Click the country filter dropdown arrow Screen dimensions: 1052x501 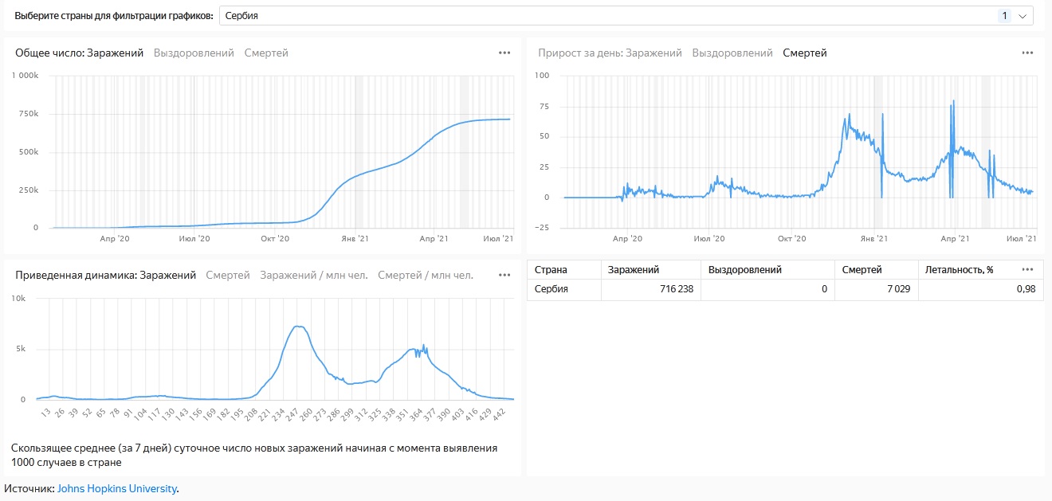[1023, 16]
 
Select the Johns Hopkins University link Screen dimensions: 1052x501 [117, 488]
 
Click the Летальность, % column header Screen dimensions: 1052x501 [959, 269]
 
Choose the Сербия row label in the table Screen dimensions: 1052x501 [552, 289]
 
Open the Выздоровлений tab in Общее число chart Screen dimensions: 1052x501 [194, 53]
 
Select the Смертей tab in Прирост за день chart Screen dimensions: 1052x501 [804, 53]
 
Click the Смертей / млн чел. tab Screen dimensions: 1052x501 [426, 275]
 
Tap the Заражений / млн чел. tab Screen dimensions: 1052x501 [314, 275]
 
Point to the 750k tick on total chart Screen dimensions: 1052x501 [29, 114]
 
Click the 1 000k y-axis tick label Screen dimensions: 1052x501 [26, 76]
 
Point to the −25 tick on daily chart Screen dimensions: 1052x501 [541, 228]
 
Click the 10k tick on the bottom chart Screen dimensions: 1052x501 [18, 299]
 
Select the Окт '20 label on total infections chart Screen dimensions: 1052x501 [275, 238]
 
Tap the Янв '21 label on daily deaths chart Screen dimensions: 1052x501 [874, 238]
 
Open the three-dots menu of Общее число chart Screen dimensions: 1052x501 [504, 53]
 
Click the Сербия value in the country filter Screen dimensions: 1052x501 [241, 16]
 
